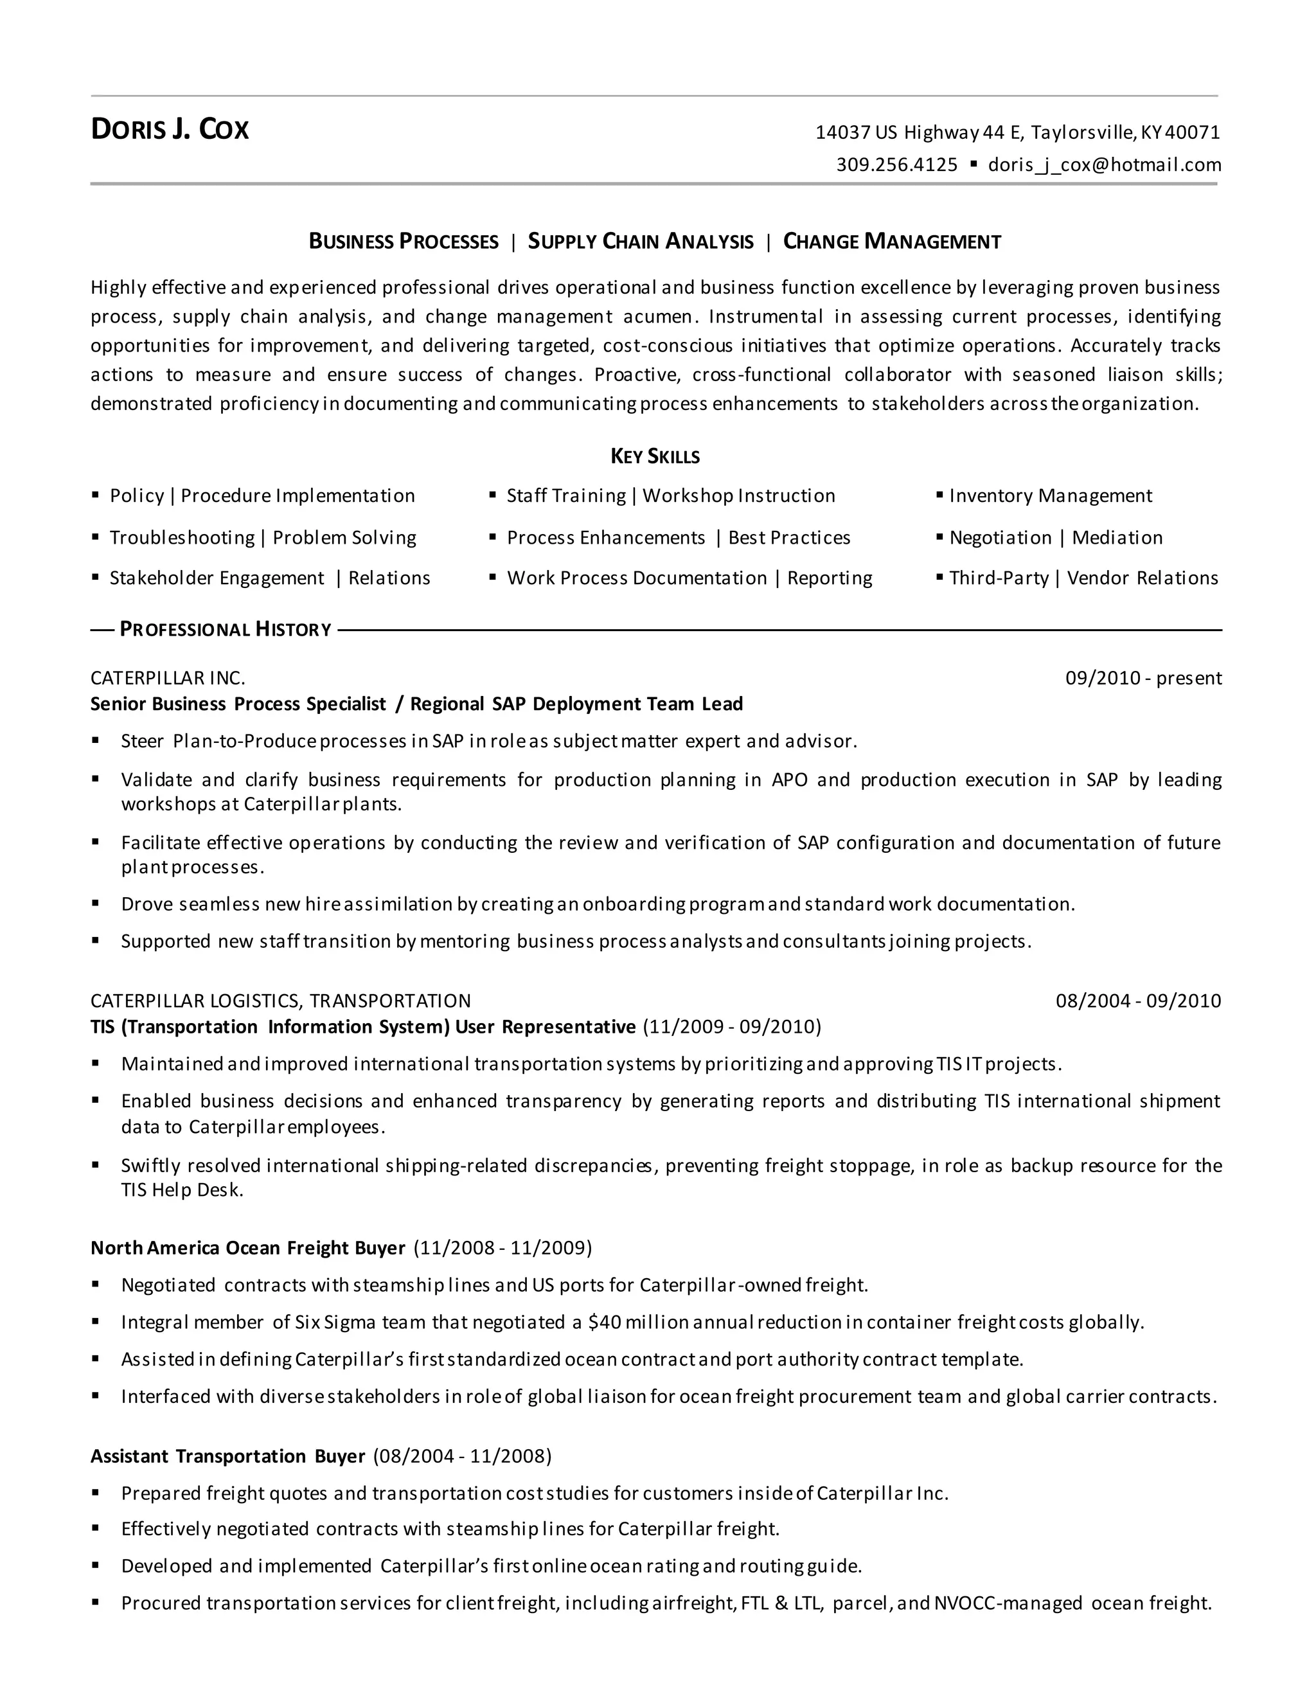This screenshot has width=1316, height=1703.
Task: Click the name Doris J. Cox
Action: pyautogui.click(x=170, y=129)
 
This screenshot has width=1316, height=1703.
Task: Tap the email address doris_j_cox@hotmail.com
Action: pyautogui.click(x=1104, y=165)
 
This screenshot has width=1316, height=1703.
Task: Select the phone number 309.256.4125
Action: pyautogui.click(x=896, y=165)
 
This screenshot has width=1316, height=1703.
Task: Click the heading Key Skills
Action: pyautogui.click(x=655, y=456)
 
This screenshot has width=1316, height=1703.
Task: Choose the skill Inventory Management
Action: pyautogui.click(x=1050, y=496)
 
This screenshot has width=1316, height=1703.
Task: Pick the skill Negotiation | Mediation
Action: pyautogui.click(x=1056, y=538)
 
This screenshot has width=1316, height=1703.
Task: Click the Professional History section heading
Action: pyautogui.click(x=226, y=629)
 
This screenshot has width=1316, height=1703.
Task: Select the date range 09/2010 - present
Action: pyautogui.click(x=1143, y=679)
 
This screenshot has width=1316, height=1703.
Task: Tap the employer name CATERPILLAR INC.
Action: pyautogui.click(x=168, y=679)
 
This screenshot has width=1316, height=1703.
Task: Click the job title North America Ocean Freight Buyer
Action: pyautogui.click(x=248, y=1249)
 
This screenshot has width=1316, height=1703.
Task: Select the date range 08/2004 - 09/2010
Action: pyautogui.click(x=1138, y=1001)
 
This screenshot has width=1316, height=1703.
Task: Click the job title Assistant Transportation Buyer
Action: pyautogui.click(x=227, y=1457)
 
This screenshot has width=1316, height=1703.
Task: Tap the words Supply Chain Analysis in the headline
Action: pyautogui.click(x=641, y=242)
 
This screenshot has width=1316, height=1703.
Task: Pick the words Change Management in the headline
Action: pyautogui.click(x=892, y=242)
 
